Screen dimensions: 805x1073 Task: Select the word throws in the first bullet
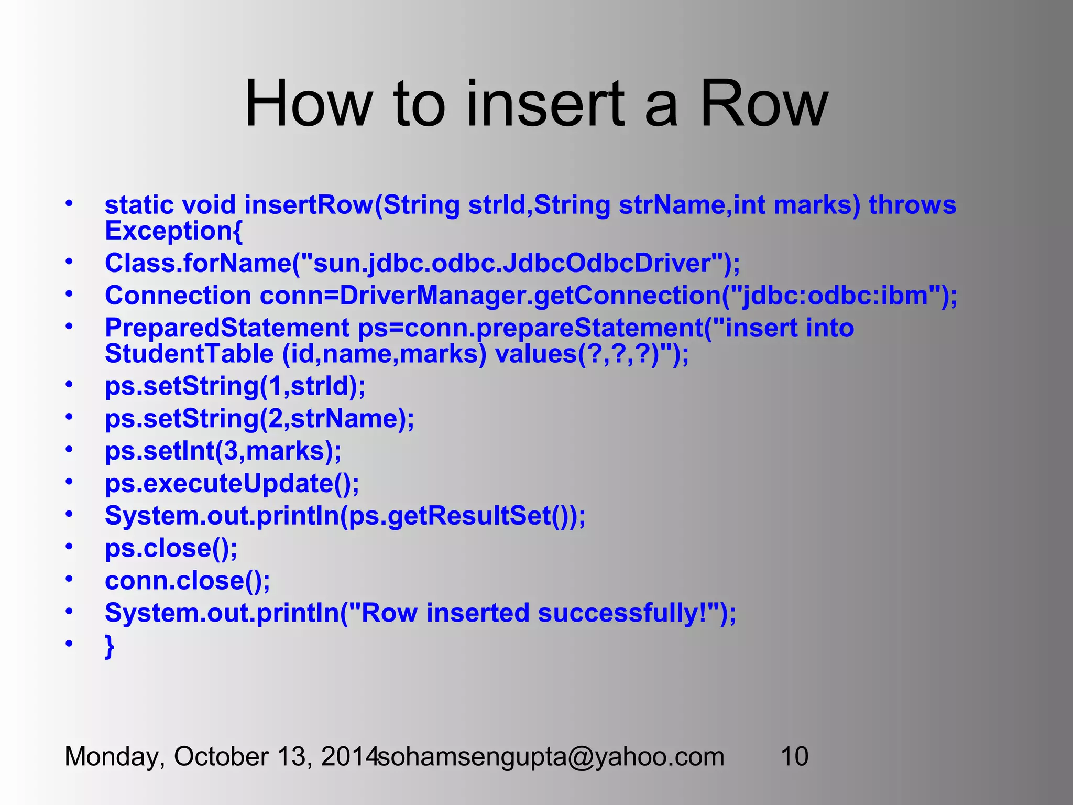(x=912, y=205)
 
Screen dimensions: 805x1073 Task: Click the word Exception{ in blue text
(x=173, y=231)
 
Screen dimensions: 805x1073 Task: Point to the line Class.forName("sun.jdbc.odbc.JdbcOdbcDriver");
(x=422, y=263)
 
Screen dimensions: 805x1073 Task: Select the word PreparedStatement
(x=227, y=328)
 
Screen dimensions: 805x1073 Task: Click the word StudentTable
(x=189, y=354)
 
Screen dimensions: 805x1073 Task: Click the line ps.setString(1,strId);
(x=235, y=387)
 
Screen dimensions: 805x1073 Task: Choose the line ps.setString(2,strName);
(x=259, y=419)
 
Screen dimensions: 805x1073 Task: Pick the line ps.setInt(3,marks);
(x=223, y=451)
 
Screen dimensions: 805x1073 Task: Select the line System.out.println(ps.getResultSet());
(x=345, y=516)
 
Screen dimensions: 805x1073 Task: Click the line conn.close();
(x=187, y=581)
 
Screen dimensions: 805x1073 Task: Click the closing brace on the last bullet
(x=110, y=646)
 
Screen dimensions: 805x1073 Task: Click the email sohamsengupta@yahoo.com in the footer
(x=551, y=757)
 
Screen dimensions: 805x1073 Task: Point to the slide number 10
(x=794, y=757)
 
